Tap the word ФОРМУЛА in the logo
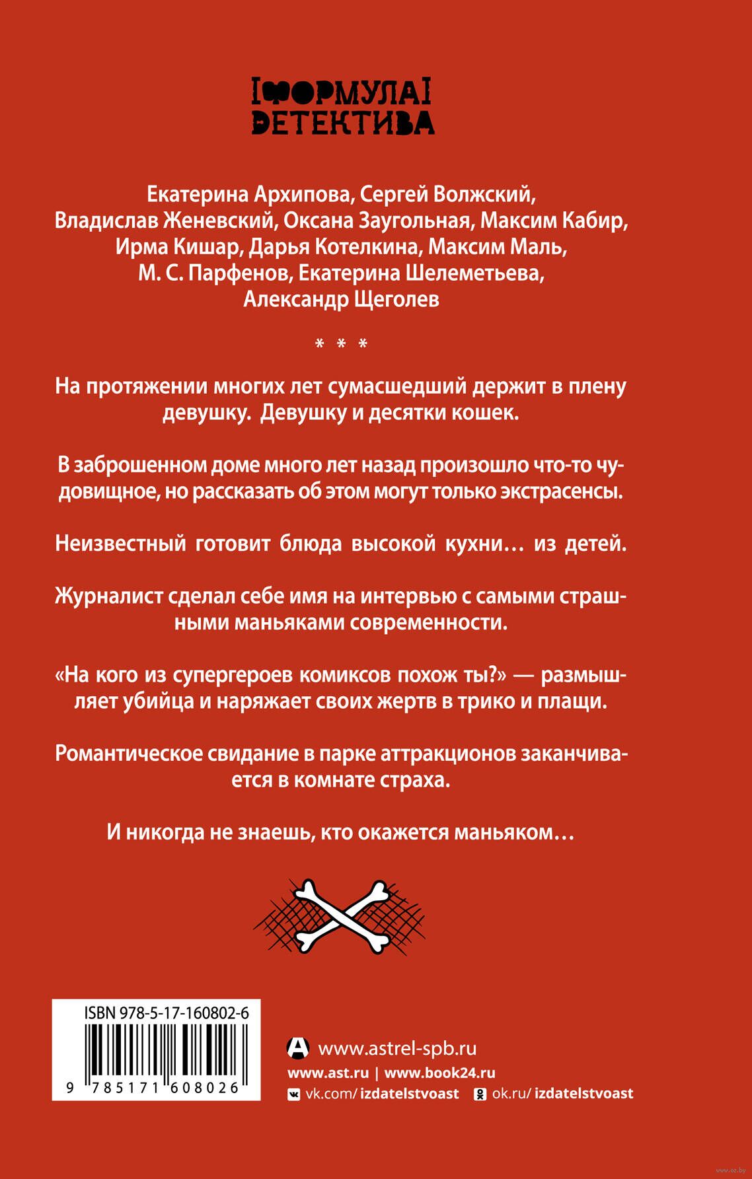coord(342,93)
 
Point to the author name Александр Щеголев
coord(341,299)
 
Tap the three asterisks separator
coord(341,344)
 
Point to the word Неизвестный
coord(120,544)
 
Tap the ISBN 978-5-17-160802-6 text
coord(166,1013)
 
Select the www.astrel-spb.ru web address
coord(397,1049)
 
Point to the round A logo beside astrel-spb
coord(298,1048)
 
